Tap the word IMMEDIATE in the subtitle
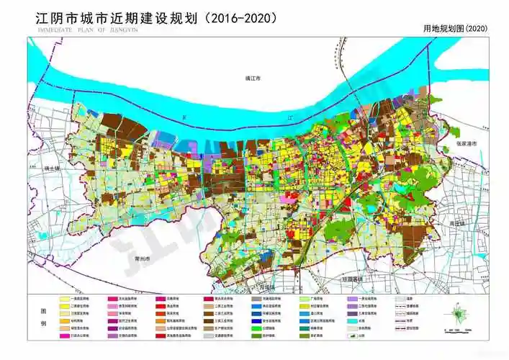(48, 31)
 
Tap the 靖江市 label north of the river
(252, 77)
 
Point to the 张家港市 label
(466, 144)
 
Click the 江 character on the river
(290, 115)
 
